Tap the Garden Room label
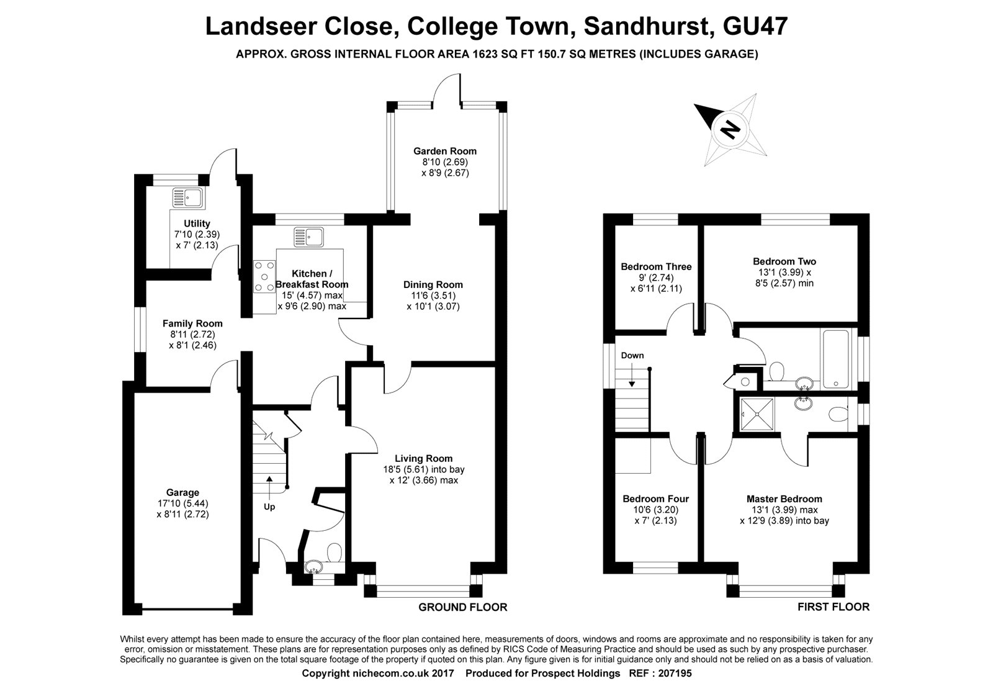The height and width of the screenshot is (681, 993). coord(445,151)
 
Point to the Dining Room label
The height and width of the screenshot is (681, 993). coord(433,285)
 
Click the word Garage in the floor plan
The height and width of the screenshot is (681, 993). coord(182,493)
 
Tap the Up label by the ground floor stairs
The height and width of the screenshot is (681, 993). coord(269,507)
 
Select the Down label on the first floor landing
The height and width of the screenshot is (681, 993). coord(632,356)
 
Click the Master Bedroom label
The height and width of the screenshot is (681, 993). coord(784,499)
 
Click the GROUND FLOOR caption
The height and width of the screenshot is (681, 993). coord(462,608)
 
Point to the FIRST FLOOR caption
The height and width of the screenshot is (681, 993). coord(833,607)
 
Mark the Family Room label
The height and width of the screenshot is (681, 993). coord(192,323)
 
